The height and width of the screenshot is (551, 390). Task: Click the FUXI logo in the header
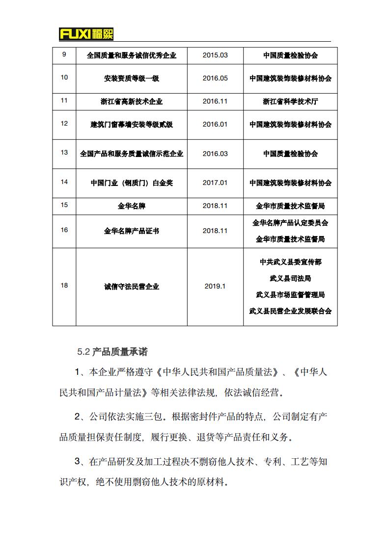point(86,34)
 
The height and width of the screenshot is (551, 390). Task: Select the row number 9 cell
point(64,54)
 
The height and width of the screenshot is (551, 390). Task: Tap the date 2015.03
point(215,55)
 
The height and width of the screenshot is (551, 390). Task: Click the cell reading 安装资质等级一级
point(132,79)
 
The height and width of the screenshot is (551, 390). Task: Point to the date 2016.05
point(215,79)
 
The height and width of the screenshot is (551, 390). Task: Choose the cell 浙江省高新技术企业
point(132,102)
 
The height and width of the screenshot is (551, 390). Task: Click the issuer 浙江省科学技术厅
point(290,102)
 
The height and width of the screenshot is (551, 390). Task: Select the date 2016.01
point(215,125)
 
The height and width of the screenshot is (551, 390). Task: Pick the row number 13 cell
point(64,153)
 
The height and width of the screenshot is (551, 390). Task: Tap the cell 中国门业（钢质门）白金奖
point(132,183)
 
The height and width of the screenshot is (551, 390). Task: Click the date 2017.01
point(215,183)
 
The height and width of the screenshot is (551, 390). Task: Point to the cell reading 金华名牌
point(132,206)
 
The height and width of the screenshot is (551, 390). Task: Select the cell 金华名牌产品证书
point(132,231)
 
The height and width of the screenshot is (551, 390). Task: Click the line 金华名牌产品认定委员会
point(290,223)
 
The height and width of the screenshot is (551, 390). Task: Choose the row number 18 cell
point(64,286)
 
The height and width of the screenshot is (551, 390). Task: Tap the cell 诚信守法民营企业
point(132,287)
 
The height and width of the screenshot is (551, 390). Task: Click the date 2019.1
point(215,287)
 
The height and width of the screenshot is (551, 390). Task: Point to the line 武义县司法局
point(290,278)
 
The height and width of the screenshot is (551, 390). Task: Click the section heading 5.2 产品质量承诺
point(112,352)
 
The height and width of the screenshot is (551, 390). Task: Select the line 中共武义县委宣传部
point(290,262)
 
